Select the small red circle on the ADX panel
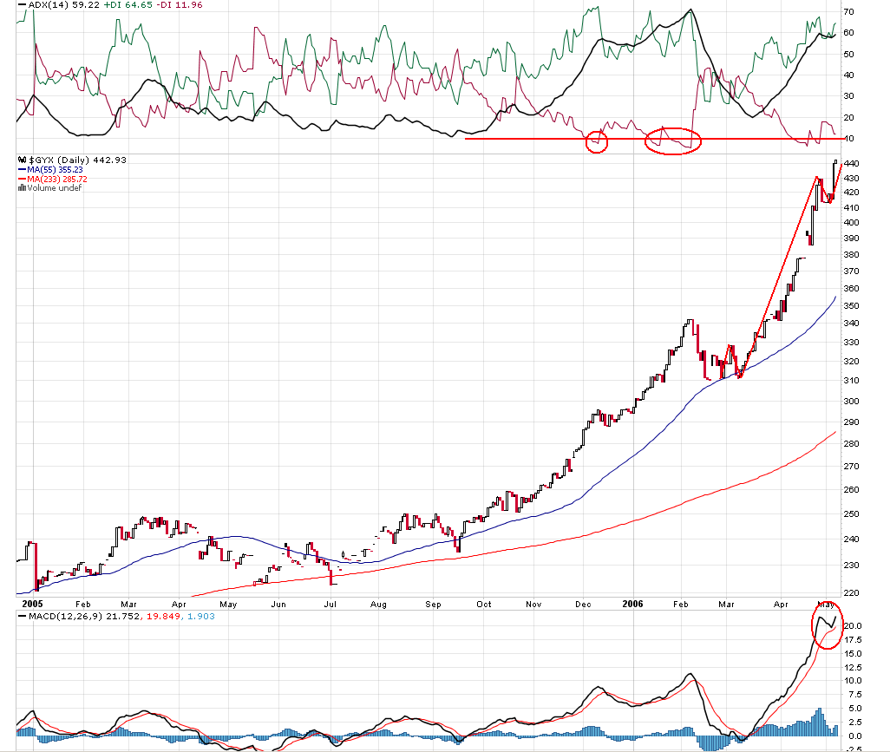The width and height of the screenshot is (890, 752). pyautogui.click(x=596, y=141)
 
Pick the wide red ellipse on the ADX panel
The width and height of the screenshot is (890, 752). pyautogui.click(x=673, y=141)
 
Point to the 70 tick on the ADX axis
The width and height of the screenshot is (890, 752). pyautogui.click(x=848, y=12)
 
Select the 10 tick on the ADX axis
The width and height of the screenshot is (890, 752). pyautogui.click(x=848, y=139)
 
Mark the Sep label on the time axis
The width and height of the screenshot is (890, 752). pyautogui.click(x=435, y=604)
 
